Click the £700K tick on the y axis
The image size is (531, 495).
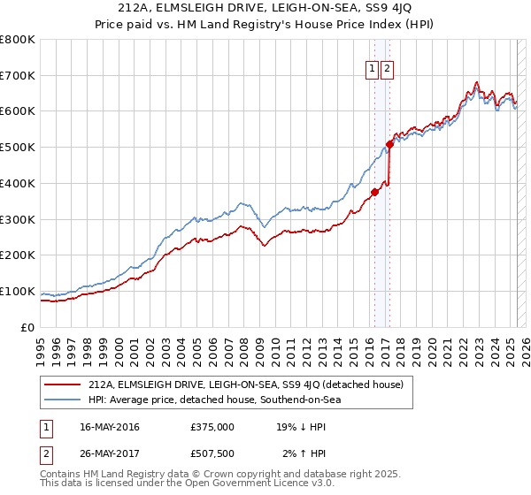coord(18,76)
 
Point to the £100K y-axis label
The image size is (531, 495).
coord(18,291)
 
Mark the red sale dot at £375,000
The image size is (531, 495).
coord(374,192)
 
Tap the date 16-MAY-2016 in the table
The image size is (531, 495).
coord(110,427)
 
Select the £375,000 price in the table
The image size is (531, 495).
coord(212,427)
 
